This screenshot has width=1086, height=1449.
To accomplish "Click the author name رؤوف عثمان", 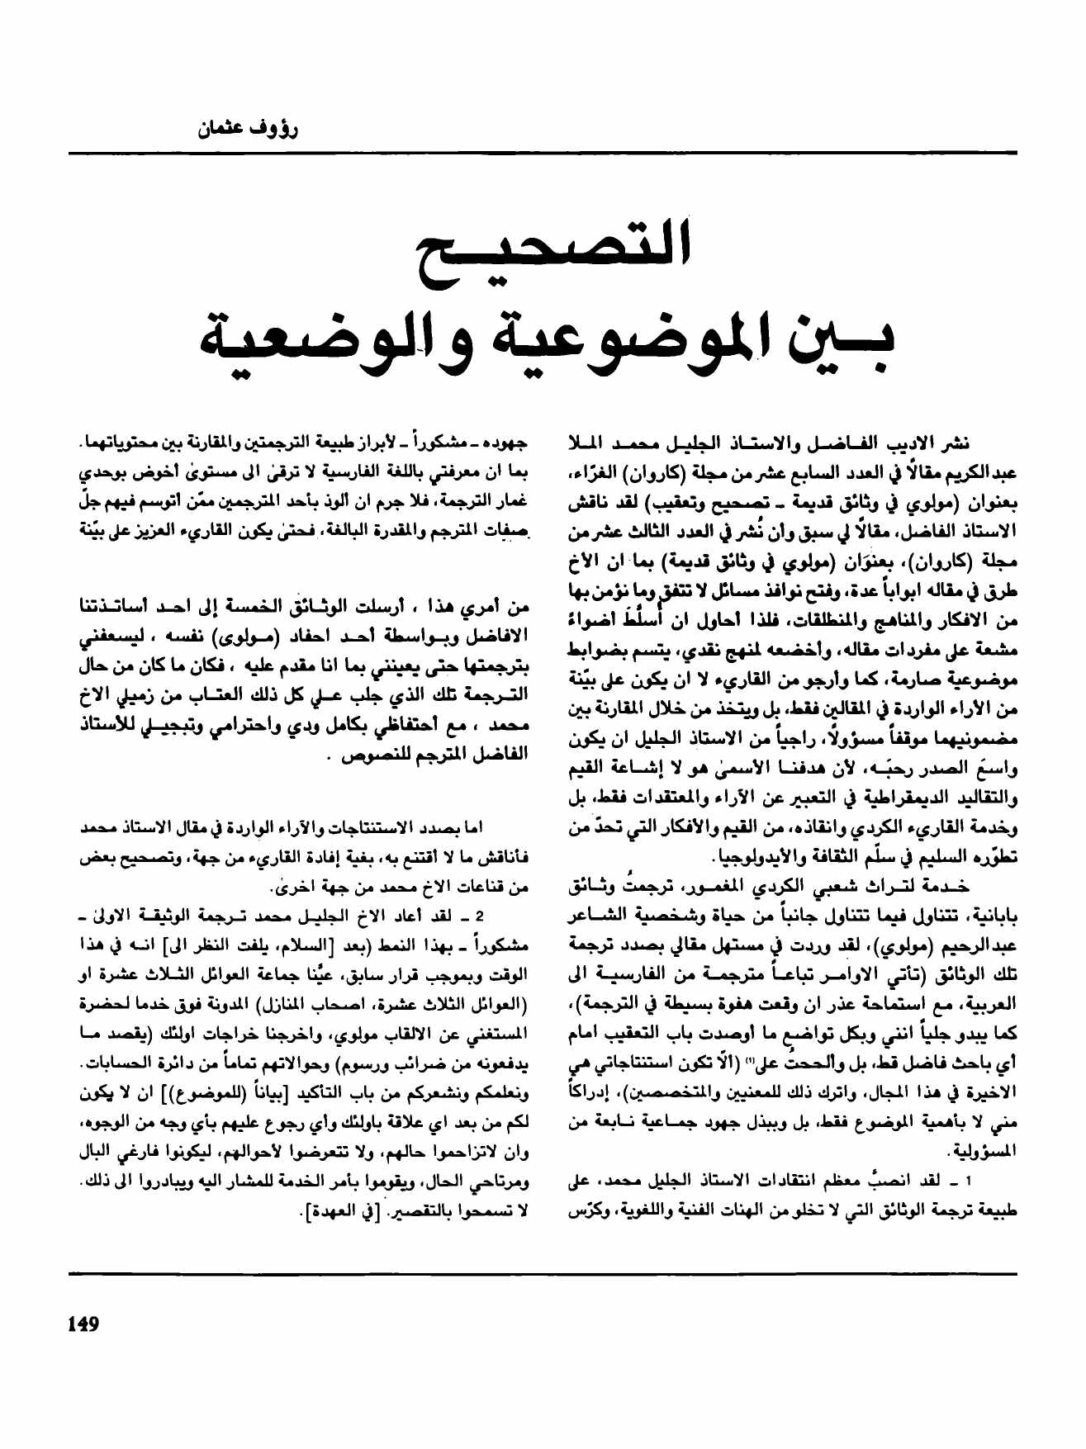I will [247, 129].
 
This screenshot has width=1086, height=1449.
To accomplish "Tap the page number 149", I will [83, 1324].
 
